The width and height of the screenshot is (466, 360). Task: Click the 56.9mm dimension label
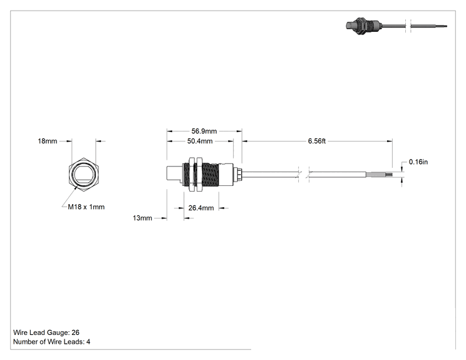click(x=204, y=131)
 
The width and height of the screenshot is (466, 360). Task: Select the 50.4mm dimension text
click(x=200, y=141)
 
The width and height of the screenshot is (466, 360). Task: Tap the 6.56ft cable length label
click(x=317, y=141)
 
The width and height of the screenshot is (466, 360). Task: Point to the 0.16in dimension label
click(x=418, y=162)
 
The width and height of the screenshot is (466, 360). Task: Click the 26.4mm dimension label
click(x=201, y=208)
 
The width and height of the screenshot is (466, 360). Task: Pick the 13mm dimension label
click(x=142, y=218)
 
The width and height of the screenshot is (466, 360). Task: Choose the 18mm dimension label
click(x=47, y=141)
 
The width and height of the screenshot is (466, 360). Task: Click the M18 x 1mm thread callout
click(x=86, y=207)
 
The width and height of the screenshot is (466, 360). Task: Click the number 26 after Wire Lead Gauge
click(x=76, y=332)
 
